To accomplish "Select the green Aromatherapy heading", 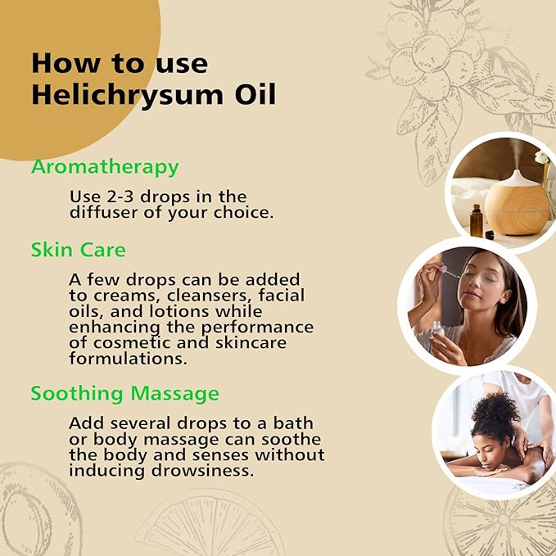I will tap(105, 167).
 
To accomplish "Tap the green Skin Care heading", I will tap(79, 249).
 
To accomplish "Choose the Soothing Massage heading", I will tap(124, 394).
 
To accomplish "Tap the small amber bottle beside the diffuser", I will tap(477, 220).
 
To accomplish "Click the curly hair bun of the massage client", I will tap(495, 409).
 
